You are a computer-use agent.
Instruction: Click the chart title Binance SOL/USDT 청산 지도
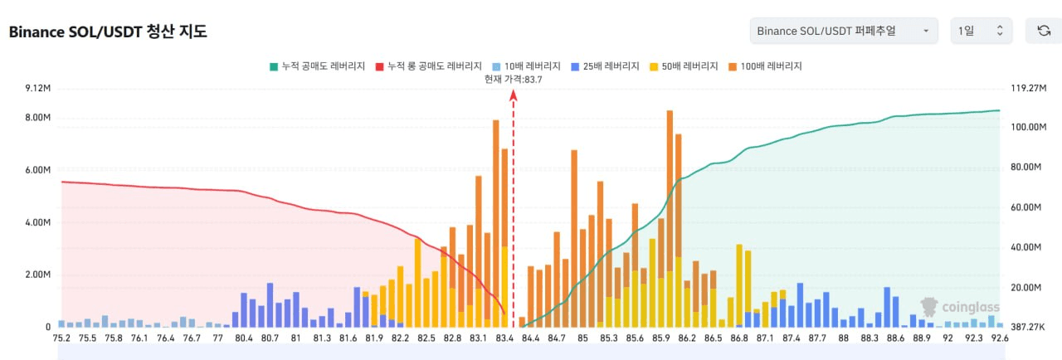click(x=108, y=32)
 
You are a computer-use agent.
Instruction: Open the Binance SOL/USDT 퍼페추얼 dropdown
click(x=843, y=31)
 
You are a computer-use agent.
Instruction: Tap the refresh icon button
click(x=1043, y=31)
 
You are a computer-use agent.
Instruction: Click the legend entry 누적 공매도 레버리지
click(x=317, y=66)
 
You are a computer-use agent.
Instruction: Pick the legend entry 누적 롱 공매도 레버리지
click(x=429, y=66)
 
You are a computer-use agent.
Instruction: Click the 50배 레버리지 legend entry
click(x=684, y=66)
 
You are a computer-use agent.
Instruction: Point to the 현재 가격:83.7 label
click(x=514, y=79)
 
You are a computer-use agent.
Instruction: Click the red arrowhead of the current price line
click(x=514, y=95)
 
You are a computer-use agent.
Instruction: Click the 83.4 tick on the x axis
click(x=504, y=338)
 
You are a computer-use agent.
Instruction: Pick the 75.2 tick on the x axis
click(x=61, y=338)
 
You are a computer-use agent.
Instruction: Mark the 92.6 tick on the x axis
click(x=999, y=338)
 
